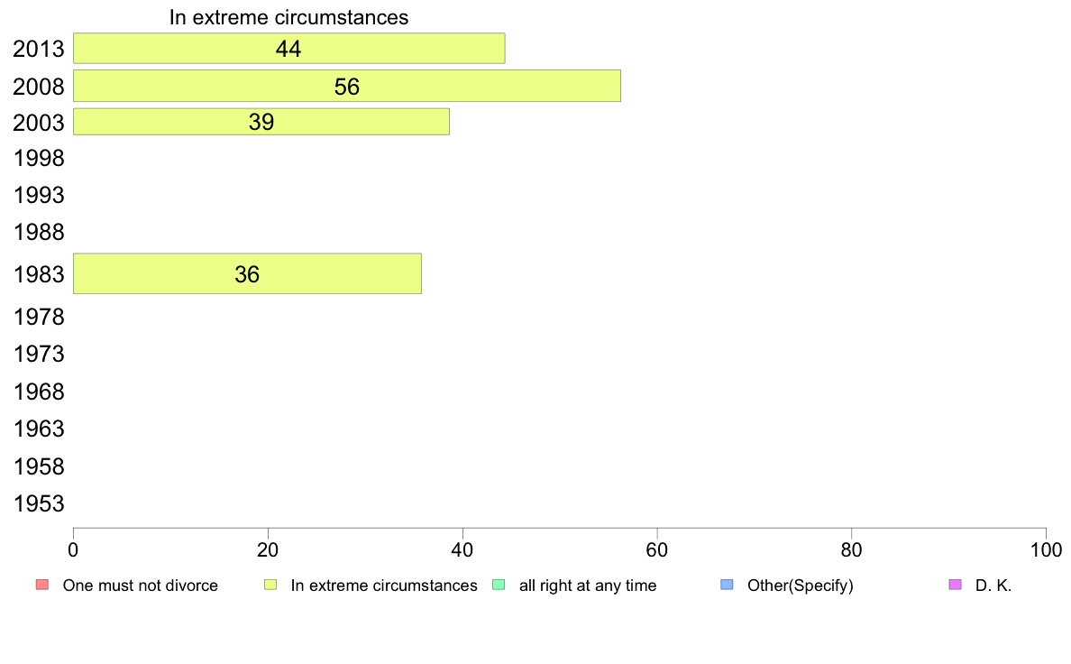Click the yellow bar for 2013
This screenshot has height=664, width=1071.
pos(288,49)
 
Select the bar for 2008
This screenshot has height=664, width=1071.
pos(347,86)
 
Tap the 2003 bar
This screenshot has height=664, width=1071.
pos(261,122)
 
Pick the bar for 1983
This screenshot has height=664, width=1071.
pos(247,273)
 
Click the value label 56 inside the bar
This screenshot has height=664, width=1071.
pos(347,87)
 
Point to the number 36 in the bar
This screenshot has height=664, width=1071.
pos(247,274)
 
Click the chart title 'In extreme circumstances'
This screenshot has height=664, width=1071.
pos(288,17)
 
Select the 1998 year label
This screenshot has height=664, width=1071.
pos(39,159)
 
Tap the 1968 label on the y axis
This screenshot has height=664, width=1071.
pos(39,392)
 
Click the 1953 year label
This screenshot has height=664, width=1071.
pos(39,504)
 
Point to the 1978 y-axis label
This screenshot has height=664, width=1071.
pos(39,318)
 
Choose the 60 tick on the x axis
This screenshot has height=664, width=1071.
pos(657,549)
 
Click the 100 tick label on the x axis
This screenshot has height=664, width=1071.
pos(1046,549)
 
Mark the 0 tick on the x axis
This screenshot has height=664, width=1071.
pos(73,549)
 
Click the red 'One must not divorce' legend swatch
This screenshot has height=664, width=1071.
pos(42,585)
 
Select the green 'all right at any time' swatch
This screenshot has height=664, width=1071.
pos(499,585)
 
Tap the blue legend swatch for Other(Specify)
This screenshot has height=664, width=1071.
pos(727,585)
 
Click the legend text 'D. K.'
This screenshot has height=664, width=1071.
pos(993,586)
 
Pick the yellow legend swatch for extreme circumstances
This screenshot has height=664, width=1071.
pos(270,585)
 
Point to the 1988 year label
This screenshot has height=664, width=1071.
pos(39,233)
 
